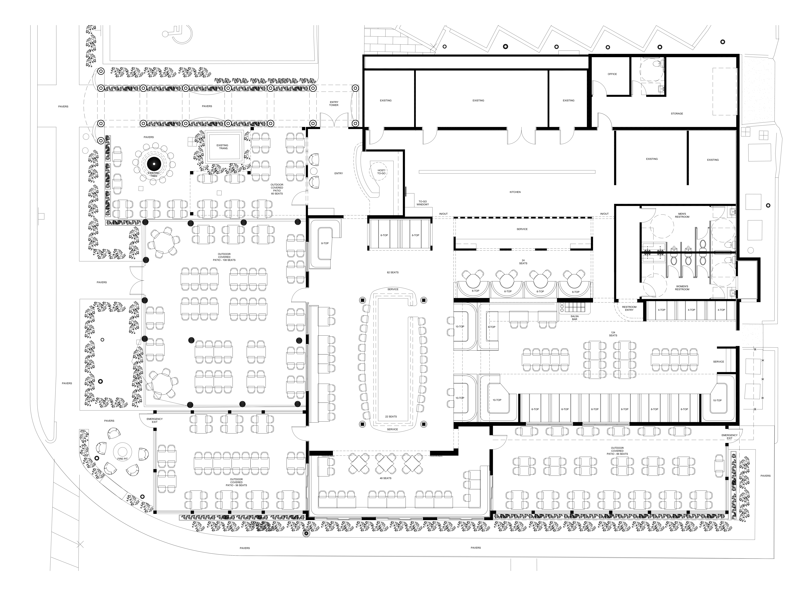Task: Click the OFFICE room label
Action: [612, 74]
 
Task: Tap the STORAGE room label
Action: [677, 114]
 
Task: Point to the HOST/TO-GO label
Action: [381, 172]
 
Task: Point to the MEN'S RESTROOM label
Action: [682, 215]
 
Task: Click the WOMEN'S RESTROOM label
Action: [682, 288]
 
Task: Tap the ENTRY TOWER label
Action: [334, 103]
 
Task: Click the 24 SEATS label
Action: [523, 262]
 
